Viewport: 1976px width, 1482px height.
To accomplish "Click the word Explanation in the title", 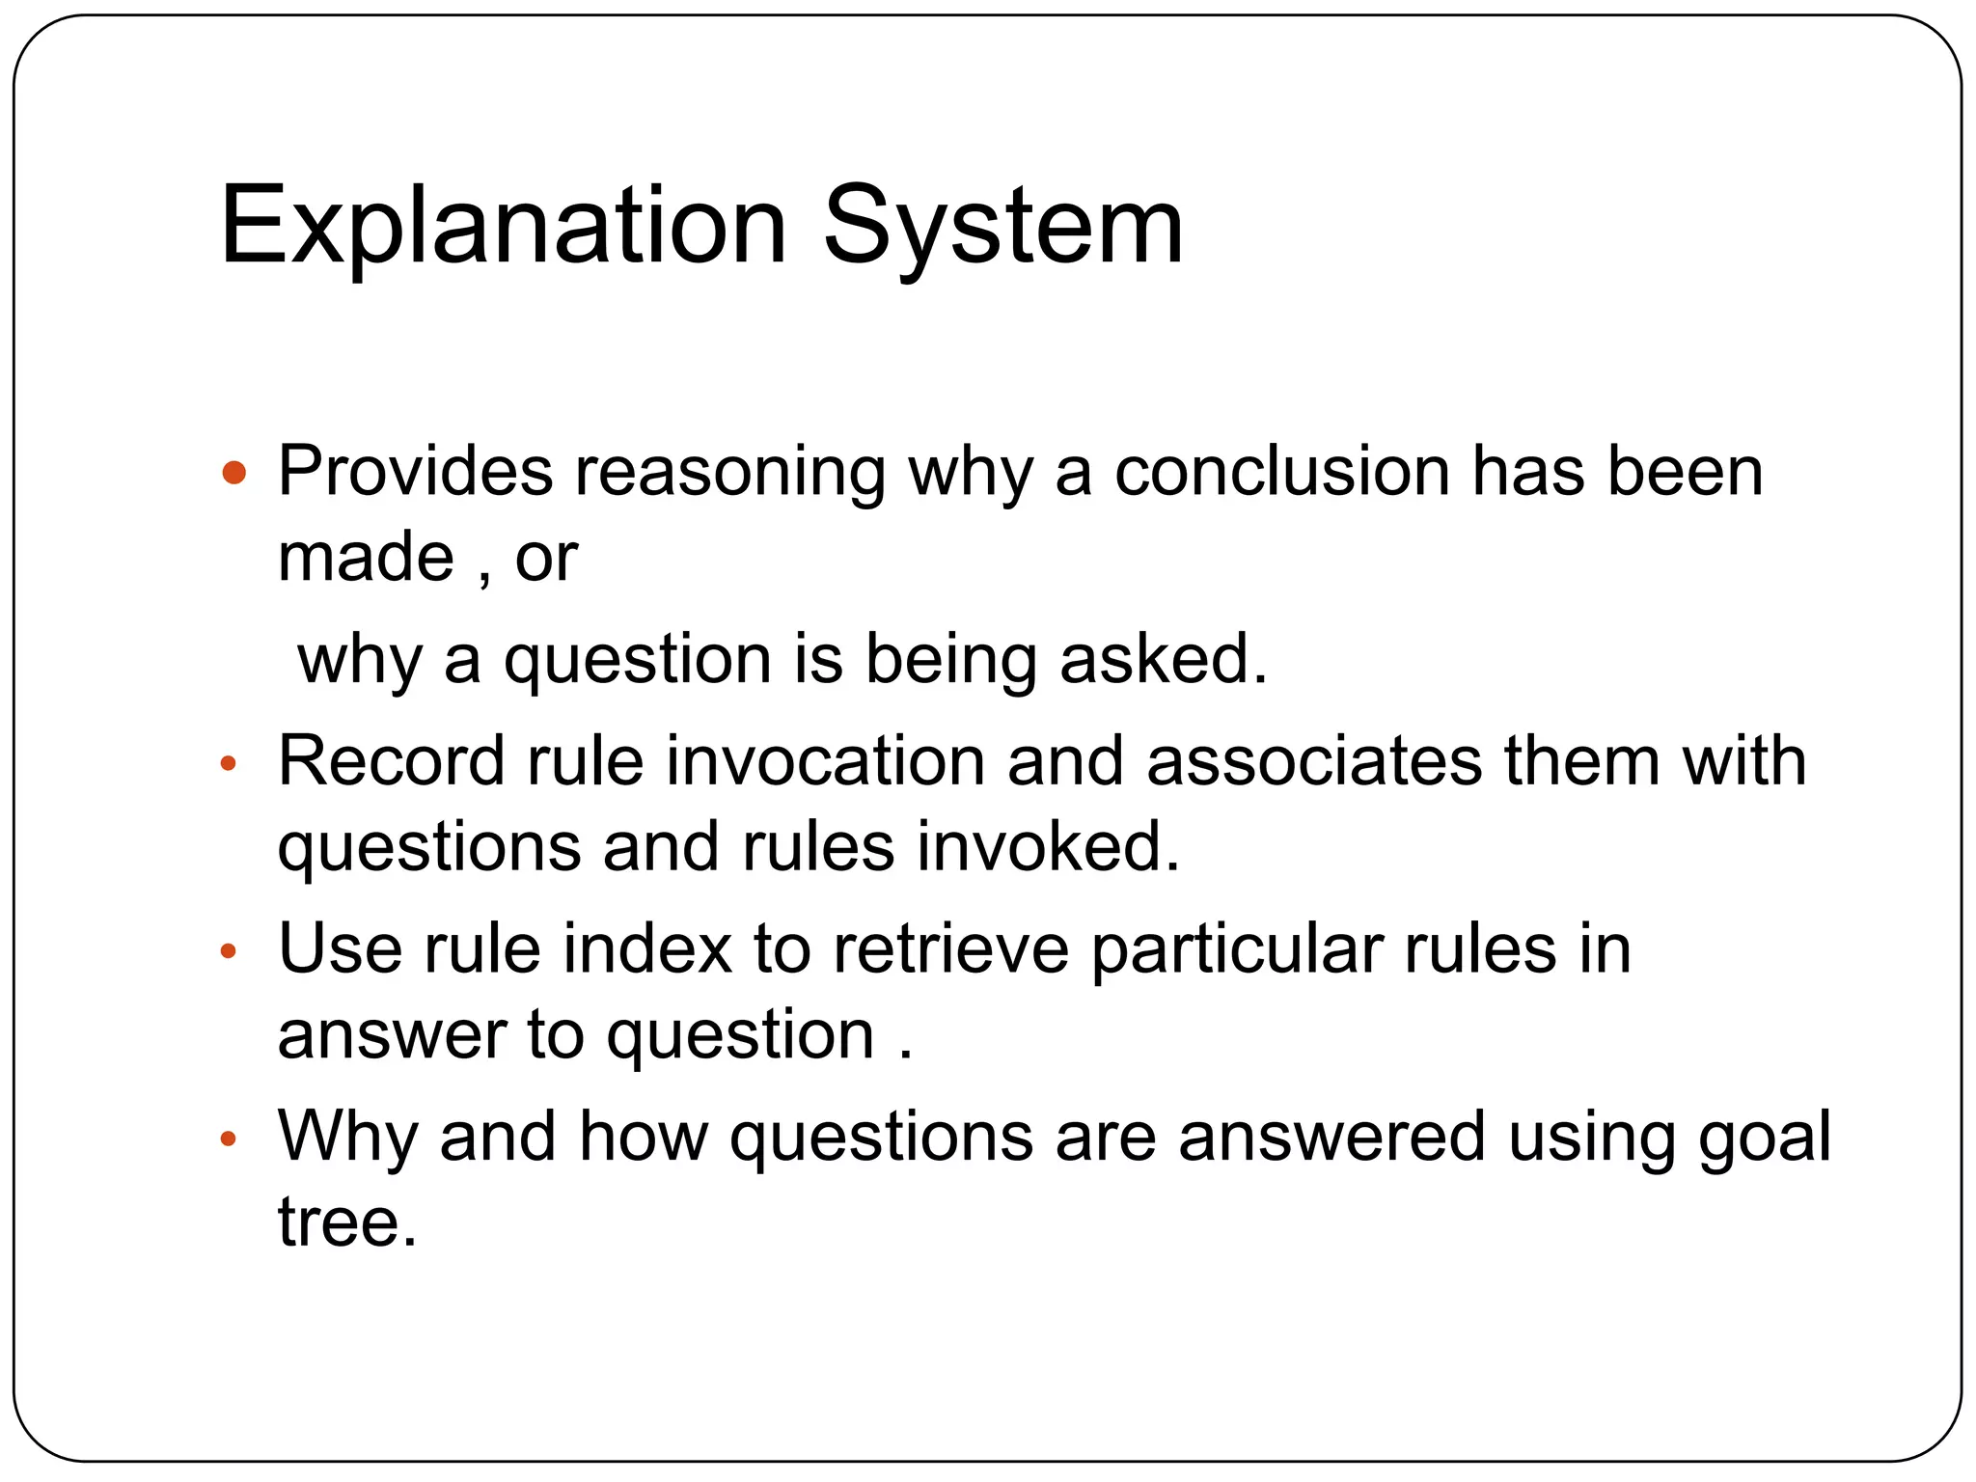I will (x=504, y=228).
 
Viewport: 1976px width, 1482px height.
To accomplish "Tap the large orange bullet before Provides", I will (x=233, y=473).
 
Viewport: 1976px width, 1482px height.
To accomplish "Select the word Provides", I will (x=415, y=472).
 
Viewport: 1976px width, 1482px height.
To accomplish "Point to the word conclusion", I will (x=1282, y=472).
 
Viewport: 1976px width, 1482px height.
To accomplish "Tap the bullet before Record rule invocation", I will (x=229, y=764).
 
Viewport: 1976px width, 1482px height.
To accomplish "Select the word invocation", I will (x=825, y=761).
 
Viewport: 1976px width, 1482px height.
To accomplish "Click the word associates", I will (x=1313, y=761).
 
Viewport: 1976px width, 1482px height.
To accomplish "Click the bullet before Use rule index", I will (x=229, y=952).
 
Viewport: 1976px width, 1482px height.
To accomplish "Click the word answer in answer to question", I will (x=391, y=1035).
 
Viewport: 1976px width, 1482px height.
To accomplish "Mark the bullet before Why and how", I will (x=229, y=1139).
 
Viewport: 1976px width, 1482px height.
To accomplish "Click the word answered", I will (x=1331, y=1137).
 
